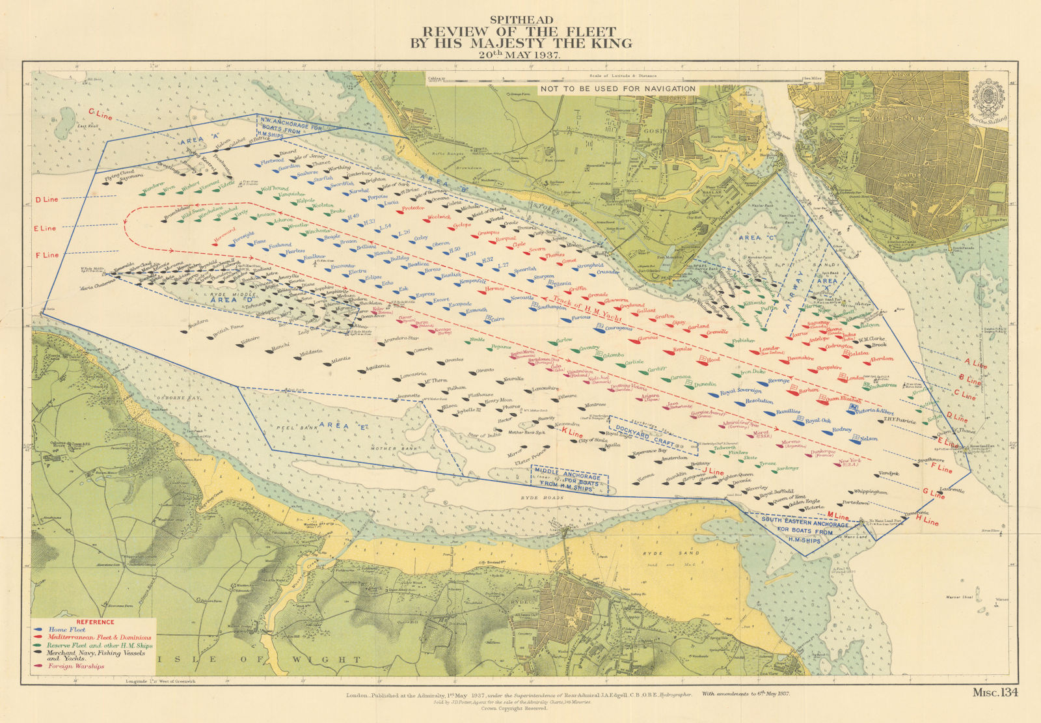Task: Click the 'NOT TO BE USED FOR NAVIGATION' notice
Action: pos(617,89)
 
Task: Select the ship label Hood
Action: pos(714,359)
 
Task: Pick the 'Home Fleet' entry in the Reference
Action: pos(66,630)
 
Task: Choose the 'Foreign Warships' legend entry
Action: pos(76,666)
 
